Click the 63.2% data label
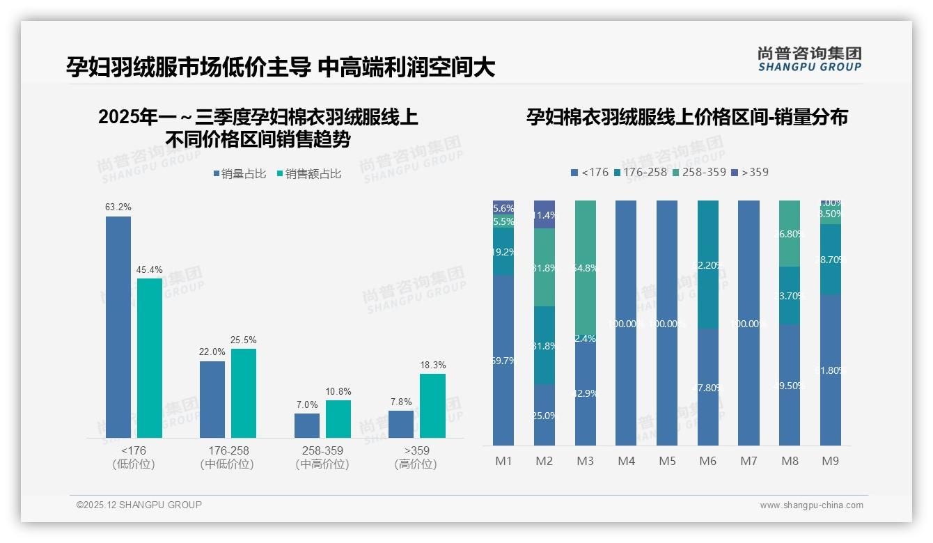pos(118,207)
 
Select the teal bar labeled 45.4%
pos(150,358)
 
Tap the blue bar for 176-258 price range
pos(212,399)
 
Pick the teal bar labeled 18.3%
pos(432,406)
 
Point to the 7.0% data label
pos(306,404)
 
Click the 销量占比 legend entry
pos(240,174)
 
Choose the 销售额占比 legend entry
pos(309,174)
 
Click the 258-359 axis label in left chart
pos(322,450)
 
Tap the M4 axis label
pos(626,461)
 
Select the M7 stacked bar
pos(748,322)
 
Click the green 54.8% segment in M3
pos(586,268)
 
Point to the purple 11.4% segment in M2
pos(544,214)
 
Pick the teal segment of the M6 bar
pos(708,265)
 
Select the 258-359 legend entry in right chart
pos(700,172)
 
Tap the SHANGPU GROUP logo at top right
pos(809,59)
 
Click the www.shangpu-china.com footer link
pos(811,505)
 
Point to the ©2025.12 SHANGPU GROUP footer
pos(139,505)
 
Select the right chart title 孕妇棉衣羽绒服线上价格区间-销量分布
pos(687,117)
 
